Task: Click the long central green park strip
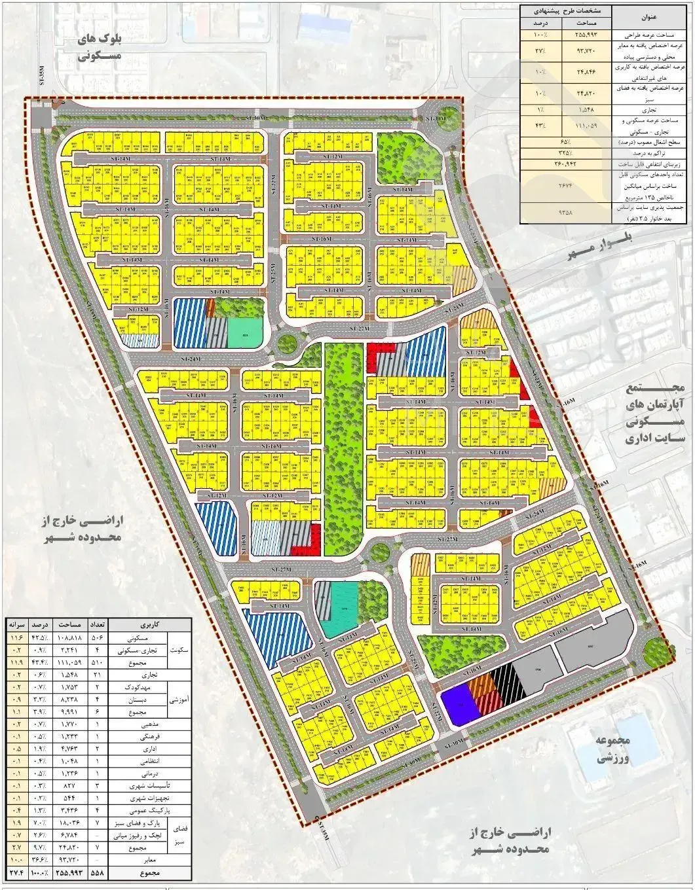343,445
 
